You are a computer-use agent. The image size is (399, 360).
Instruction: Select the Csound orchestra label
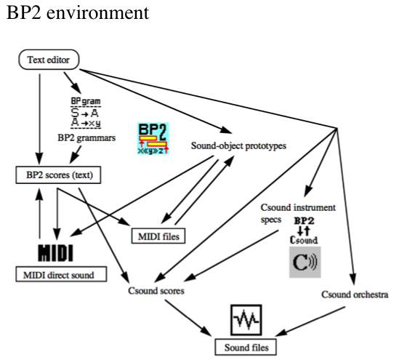tap(355, 295)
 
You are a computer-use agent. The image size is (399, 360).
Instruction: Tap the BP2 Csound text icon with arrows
tap(305, 228)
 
